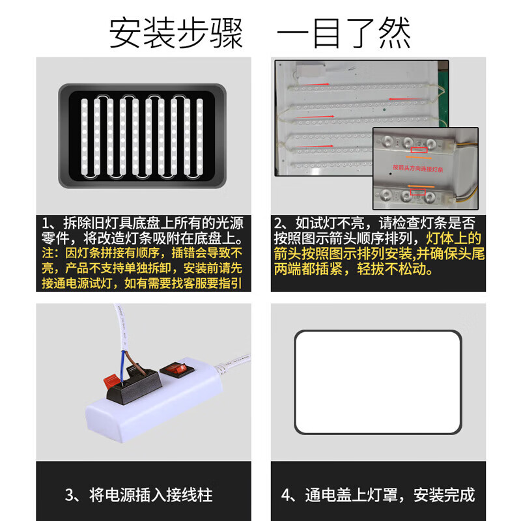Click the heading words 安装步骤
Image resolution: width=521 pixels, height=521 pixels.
pyautogui.click(x=176, y=33)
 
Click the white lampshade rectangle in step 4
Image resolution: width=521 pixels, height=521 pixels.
pyautogui.click(x=378, y=382)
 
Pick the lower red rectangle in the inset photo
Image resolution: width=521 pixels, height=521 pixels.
pyautogui.click(x=417, y=193)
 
